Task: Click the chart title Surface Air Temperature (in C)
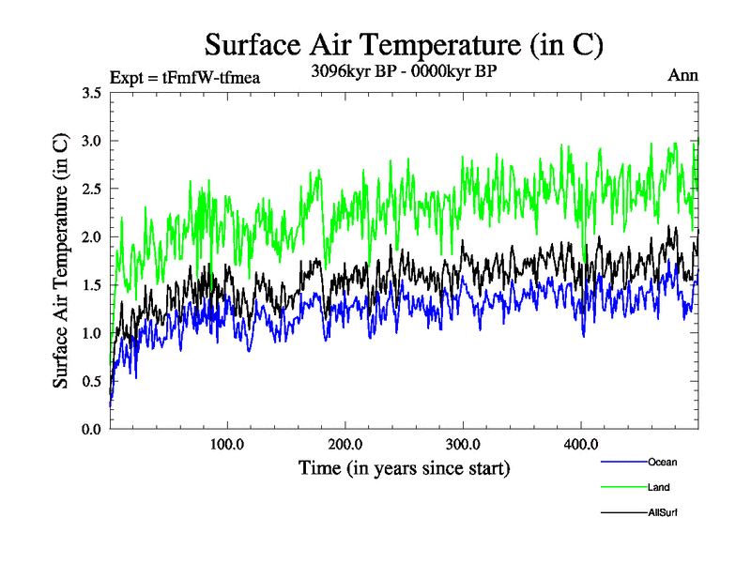pos(403,44)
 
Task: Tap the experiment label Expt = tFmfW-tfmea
pos(185,77)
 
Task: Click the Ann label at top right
pos(682,75)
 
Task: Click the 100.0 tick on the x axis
pos(227,443)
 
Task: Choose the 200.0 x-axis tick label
pos(345,443)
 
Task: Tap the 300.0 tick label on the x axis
pos(463,443)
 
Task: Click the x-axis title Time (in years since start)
pos(405,466)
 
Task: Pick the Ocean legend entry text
pos(662,462)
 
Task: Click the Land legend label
pos(659,487)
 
